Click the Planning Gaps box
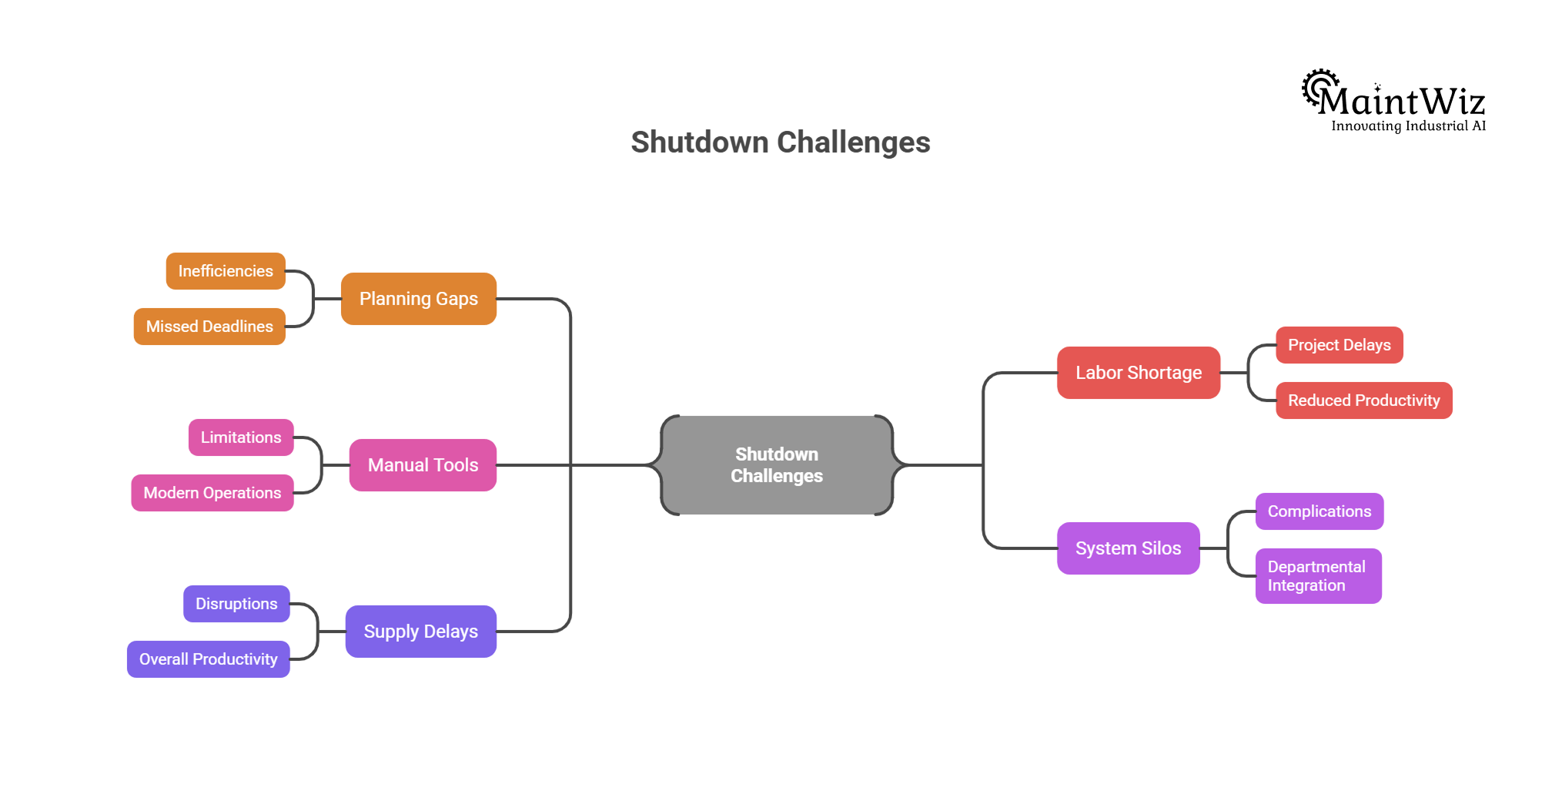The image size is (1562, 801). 418,299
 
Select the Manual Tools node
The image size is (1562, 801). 423,465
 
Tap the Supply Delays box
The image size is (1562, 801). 420,632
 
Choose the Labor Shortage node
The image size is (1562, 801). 1138,373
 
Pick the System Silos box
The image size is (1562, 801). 1128,548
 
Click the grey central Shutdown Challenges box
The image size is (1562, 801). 776,465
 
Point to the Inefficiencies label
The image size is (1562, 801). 226,271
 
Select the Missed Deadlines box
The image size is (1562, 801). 209,327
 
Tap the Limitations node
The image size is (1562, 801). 241,437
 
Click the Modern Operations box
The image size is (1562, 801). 212,493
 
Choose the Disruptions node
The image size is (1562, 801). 236,604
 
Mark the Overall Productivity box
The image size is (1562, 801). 208,659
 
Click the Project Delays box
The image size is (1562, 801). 1339,345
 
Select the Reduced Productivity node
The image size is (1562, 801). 1363,400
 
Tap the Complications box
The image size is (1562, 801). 1319,511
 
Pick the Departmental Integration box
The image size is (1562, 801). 1318,576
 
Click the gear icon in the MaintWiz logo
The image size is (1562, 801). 1317,88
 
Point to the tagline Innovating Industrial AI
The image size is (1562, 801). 1408,126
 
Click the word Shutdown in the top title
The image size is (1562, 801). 699,142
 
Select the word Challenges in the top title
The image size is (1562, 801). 853,142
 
